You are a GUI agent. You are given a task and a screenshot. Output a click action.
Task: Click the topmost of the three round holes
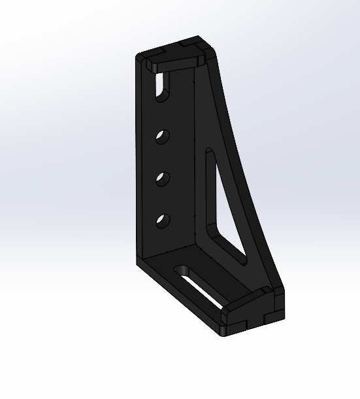[x=162, y=137]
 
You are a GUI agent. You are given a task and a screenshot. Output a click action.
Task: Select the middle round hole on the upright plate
[x=162, y=178]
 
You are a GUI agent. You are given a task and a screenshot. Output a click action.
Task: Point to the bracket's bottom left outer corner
[x=138, y=263]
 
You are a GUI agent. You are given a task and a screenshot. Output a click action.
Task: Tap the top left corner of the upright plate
[x=139, y=57]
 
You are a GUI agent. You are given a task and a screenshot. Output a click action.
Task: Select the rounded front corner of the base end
[x=225, y=334]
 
